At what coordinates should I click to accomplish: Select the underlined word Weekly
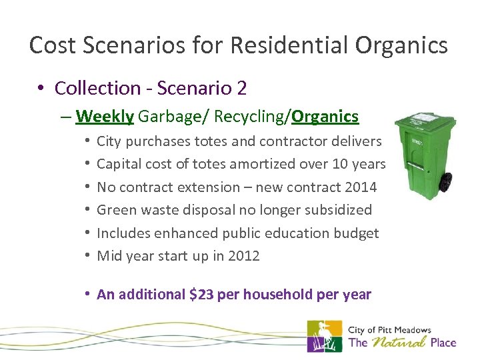tap(105, 117)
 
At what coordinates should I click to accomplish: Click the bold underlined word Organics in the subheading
tap(325, 117)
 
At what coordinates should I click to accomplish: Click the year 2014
tap(360, 187)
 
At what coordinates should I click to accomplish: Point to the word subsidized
tap(339, 210)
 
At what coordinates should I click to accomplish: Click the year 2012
tap(243, 256)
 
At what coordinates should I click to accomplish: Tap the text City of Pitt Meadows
tap(390, 329)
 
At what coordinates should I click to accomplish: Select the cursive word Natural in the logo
tap(399, 343)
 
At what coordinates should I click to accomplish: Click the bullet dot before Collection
tap(42, 89)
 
